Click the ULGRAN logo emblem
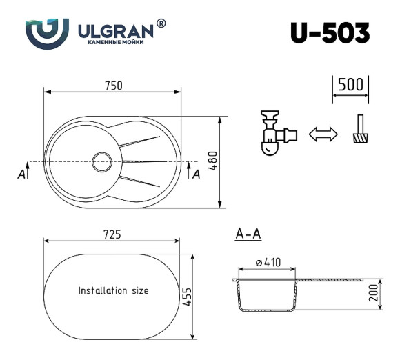point(47,31)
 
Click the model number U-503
point(330,33)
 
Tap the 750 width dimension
point(114,86)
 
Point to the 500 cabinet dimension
point(350,85)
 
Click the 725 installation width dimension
point(112,234)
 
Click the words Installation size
point(113,291)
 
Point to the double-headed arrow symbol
point(323,134)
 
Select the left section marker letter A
point(23,174)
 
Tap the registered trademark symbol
point(161,23)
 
